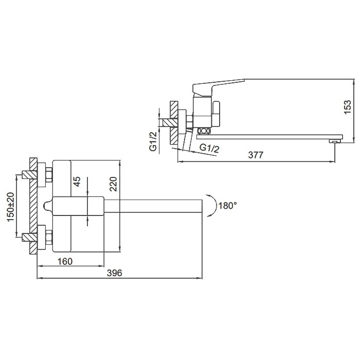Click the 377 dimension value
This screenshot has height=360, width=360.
click(256, 155)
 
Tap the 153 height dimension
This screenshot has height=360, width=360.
click(348, 107)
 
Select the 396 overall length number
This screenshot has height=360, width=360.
click(115, 273)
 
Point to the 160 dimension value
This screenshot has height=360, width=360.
click(64, 261)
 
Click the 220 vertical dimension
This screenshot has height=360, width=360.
click(113, 184)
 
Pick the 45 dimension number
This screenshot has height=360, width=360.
click(77, 182)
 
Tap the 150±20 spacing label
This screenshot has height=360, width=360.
click(11, 207)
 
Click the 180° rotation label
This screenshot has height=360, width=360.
click(227, 206)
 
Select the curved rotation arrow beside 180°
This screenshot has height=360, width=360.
click(214, 205)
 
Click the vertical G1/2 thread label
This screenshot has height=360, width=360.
click(153, 141)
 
